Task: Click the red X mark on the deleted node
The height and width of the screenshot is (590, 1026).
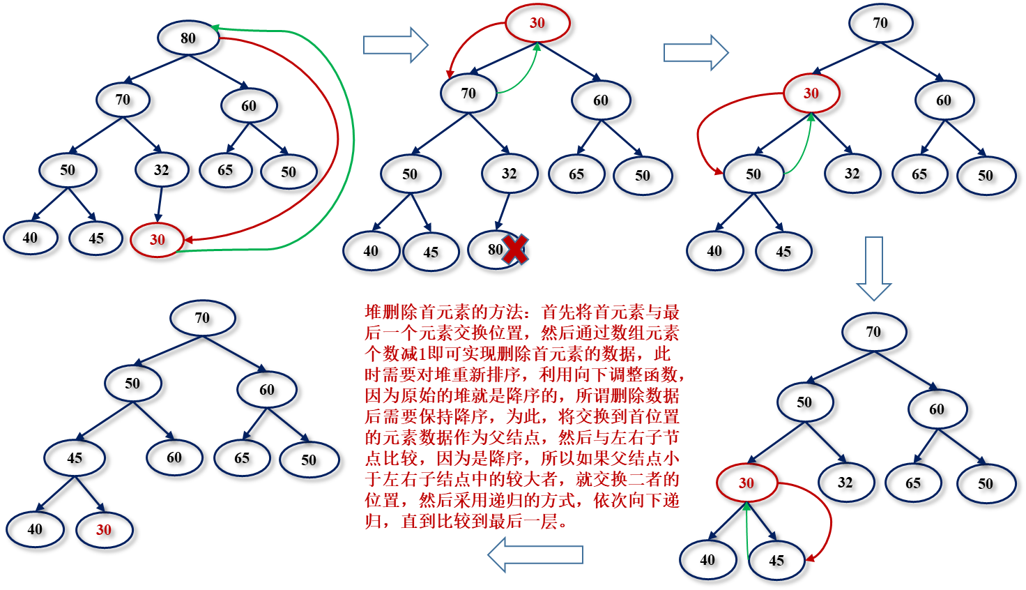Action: (x=515, y=250)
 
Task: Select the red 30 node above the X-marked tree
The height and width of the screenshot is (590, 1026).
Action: (x=537, y=23)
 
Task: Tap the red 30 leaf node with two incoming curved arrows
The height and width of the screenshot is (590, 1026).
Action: (x=157, y=240)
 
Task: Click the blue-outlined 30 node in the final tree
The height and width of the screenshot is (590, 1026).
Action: (x=104, y=530)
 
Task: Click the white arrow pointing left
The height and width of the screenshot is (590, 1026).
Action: (x=535, y=555)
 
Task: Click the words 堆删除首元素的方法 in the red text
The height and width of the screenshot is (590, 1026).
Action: (x=443, y=312)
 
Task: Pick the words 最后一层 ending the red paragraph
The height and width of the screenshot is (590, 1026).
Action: (x=523, y=522)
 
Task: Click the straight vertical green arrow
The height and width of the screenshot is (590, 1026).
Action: (x=746, y=530)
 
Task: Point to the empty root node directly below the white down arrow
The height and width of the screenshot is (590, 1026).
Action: (x=874, y=332)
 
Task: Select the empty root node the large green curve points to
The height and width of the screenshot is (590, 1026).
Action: (x=188, y=38)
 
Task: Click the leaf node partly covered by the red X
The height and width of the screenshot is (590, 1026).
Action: (x=491, y=250)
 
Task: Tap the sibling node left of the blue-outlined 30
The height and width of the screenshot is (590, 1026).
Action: (x=35, y=529)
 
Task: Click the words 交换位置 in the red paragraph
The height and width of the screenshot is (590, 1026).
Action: (x=488, y=333)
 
